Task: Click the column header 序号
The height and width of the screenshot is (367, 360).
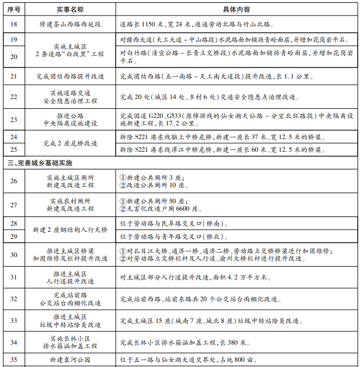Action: (14, 11)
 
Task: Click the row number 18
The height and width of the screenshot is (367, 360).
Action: (14, 25)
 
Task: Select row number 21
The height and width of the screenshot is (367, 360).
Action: (14, 76)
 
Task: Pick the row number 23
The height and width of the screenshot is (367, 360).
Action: (14, 119)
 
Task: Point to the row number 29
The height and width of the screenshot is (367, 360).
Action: (14, 236)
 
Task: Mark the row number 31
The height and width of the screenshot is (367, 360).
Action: (14, 277)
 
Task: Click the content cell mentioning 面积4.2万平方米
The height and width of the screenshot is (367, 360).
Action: (197, 277)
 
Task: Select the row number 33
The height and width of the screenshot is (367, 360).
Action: (14, 320)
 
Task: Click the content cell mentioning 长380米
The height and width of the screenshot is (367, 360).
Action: (183, 342)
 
